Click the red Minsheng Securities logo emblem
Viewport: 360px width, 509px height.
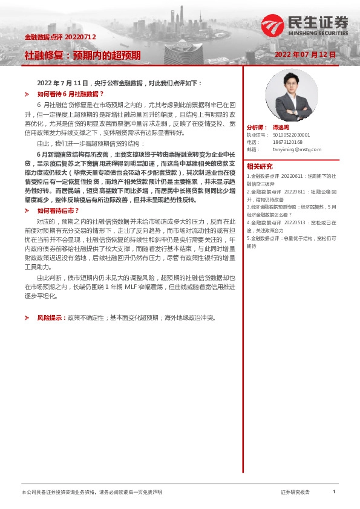pos(273,26)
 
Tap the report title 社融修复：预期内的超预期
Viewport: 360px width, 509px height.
pos(82,55)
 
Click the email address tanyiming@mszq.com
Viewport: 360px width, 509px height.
pos(297,149)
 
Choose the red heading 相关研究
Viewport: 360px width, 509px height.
pos(260,166)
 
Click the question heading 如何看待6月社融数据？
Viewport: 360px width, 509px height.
pos(71,94)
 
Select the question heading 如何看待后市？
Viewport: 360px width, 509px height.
pos(59,210)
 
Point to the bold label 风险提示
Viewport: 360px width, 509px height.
pos(51,317)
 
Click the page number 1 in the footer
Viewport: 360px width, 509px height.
pos(333,492)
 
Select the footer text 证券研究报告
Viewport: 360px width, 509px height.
pos(295,493)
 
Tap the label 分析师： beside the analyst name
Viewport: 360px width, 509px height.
pos(257,128)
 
